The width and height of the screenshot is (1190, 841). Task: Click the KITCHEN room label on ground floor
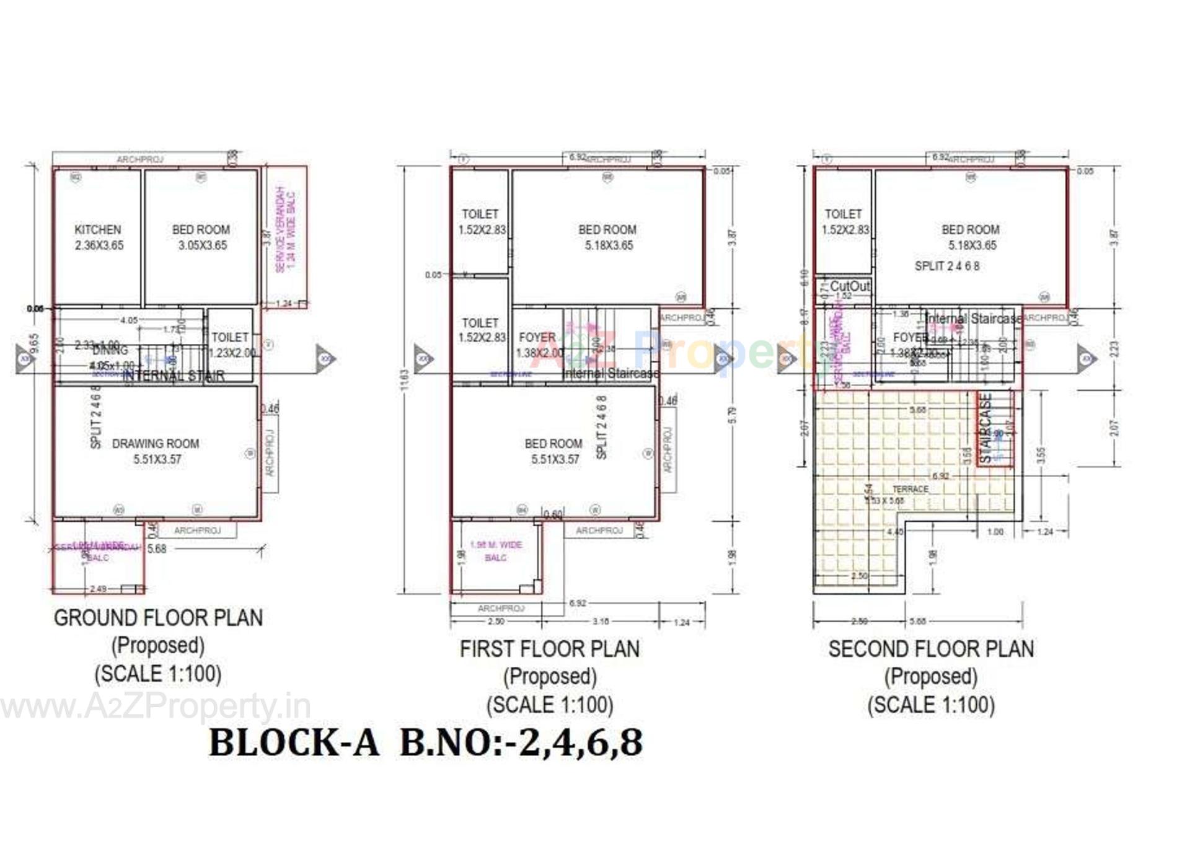(98, 230)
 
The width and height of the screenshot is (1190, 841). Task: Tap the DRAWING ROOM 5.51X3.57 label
(156, 451)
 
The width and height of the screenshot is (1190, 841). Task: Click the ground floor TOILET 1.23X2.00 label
(231, 345)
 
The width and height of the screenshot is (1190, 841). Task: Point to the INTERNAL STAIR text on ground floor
(174, 376)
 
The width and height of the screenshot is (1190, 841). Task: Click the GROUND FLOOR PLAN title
(159, 618)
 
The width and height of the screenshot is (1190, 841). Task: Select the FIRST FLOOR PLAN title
(549, 649)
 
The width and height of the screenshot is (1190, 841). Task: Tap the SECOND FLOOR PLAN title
(931, 649)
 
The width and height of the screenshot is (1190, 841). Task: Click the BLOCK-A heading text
(294, 742)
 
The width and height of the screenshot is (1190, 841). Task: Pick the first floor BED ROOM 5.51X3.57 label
(553, 451)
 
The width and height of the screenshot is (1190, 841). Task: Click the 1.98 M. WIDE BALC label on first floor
(496, 551)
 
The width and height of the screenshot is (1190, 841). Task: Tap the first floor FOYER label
(537, 338)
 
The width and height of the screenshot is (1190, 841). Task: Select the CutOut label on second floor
(850, 286)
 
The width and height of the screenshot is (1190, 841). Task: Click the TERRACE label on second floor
(910, 489)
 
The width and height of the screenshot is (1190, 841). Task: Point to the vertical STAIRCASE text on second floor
(986, 428)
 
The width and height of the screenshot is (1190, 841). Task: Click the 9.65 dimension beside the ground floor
(35, 343)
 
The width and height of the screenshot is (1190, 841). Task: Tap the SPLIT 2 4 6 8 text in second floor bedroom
(947, 266)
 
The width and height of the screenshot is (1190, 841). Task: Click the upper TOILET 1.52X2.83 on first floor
(481, 221)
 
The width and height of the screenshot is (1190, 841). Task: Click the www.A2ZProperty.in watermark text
(155, 706)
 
